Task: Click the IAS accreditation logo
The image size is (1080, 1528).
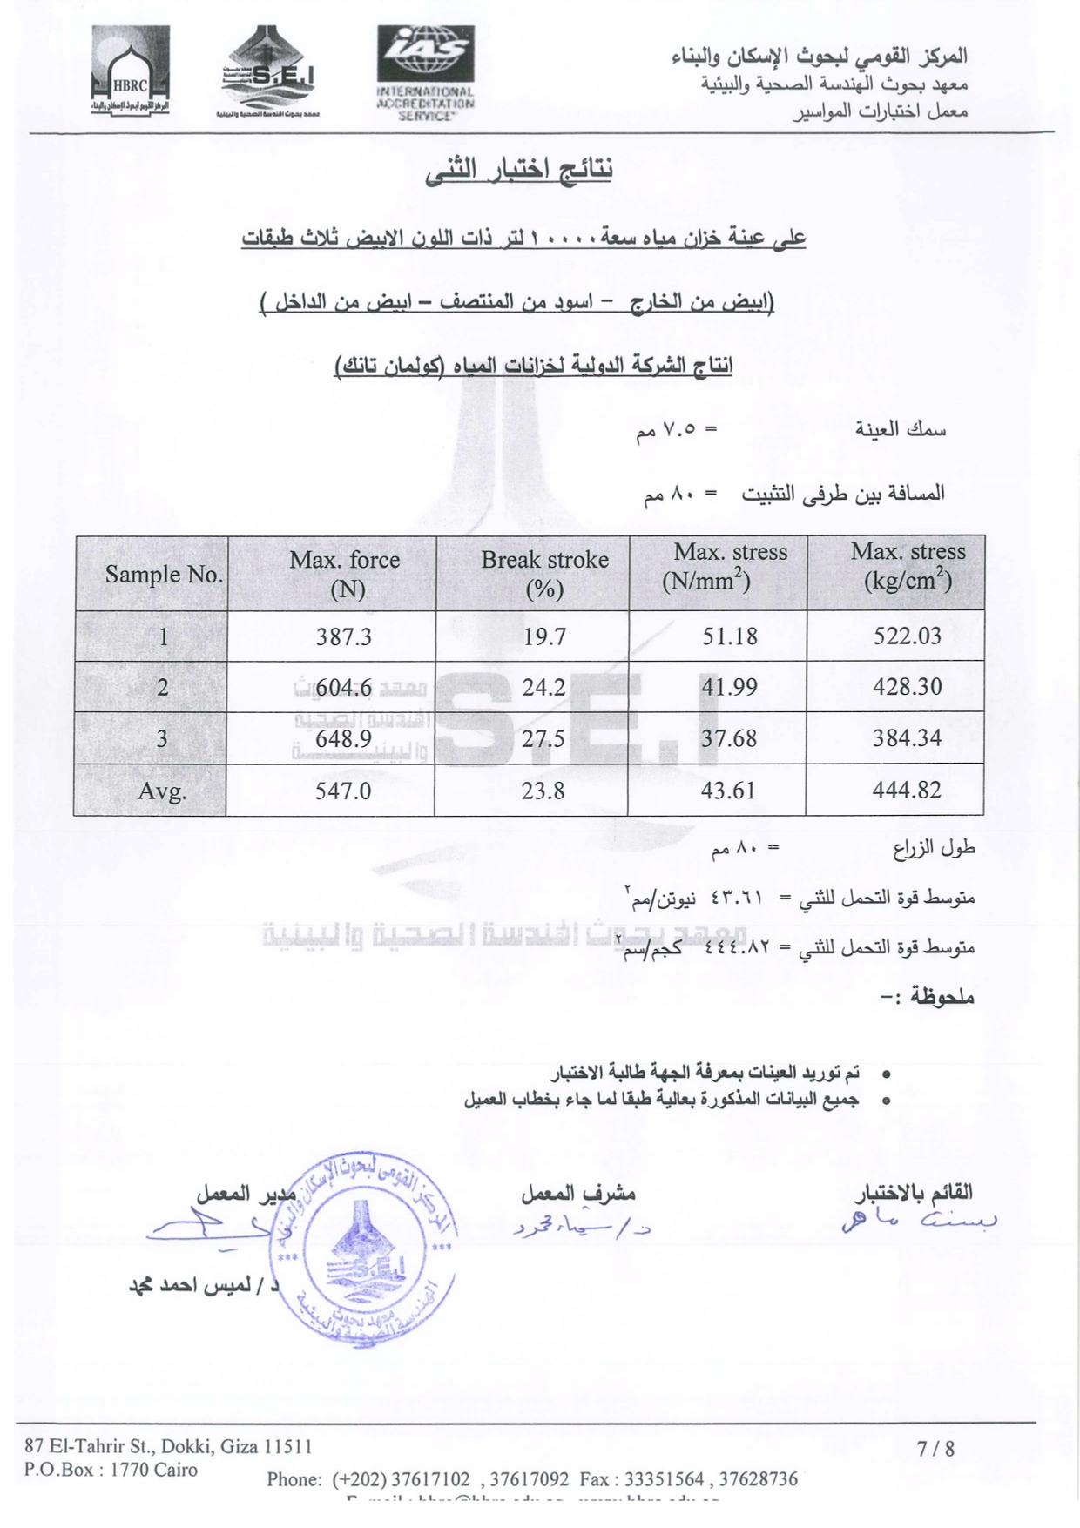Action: (x=425, y=73)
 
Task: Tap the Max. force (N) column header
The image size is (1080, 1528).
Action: (x=345, y=574)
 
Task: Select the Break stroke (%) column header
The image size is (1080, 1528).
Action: (x=544, y=574)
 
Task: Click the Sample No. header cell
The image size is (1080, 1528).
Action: (x=164, y=575)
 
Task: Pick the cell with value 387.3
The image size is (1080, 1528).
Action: (x=343, y=636)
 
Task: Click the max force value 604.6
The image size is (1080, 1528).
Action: (x=343, y=688)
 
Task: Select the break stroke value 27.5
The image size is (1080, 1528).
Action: (x=543, y=739)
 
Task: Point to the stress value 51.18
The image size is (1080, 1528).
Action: (x=730, y=636)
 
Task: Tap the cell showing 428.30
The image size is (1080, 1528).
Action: (x=907, y=687)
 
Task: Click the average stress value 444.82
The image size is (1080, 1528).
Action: (x=907, y=791)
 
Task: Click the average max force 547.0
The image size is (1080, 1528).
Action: (x=343, y=791)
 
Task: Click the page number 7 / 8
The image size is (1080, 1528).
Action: (x=935, y=1449)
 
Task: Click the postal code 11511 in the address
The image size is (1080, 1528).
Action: (x=287, y=1447)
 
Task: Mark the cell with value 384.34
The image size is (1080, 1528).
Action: (x=907, y=738)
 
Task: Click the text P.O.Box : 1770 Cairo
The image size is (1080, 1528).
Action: (x=111, y=1470)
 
